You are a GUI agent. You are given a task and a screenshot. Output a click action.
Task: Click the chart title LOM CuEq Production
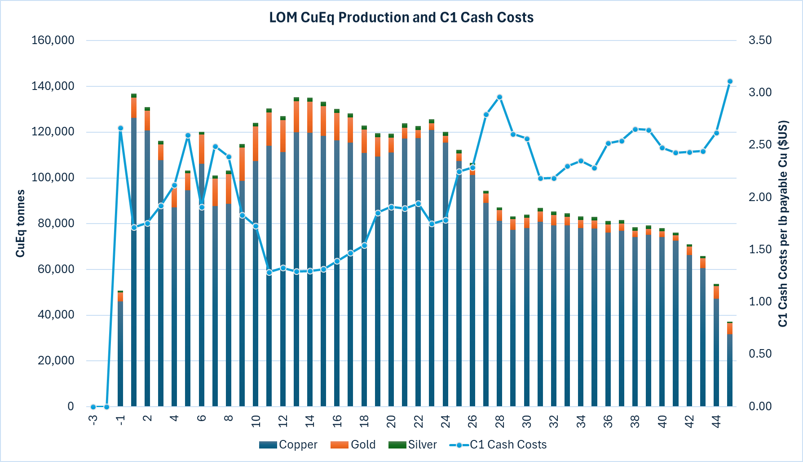click(x=401, y=18)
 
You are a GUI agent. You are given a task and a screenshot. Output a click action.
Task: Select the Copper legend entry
click(x=288, y=444)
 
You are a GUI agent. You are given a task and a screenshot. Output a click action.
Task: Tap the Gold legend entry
click(x=353, y=444)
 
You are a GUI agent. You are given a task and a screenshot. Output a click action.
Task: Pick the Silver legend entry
click(x=413, y=444)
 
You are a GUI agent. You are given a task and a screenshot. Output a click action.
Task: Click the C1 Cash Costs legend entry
click(x=498, y=444)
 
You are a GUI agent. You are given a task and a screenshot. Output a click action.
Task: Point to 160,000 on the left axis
click(x=53, y=40)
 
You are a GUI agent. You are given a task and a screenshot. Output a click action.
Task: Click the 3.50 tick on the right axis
click(x=760, y=40)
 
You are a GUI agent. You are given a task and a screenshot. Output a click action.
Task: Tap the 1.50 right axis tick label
click(x=760, y=249)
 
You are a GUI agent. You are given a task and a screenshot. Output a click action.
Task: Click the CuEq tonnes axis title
click(x=20, y=224)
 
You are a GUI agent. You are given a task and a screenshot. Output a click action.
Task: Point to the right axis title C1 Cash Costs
click(x=783, y=224)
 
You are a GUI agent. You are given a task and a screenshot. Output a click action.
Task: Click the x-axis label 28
click(x=499, y=422)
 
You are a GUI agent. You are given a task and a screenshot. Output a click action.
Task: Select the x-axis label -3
click(x=93, y=420)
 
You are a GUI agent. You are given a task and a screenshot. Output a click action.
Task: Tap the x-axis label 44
click(x=716, y=422)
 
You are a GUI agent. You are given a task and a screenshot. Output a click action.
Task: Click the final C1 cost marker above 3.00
click(x=730, y=81)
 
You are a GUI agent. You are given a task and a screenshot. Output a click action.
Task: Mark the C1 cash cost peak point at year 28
click(x=499, y=97)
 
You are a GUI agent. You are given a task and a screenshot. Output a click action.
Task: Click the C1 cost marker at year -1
click(x=120, y=128)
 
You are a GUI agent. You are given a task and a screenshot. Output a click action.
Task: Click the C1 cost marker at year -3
click(x=93, y=407)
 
